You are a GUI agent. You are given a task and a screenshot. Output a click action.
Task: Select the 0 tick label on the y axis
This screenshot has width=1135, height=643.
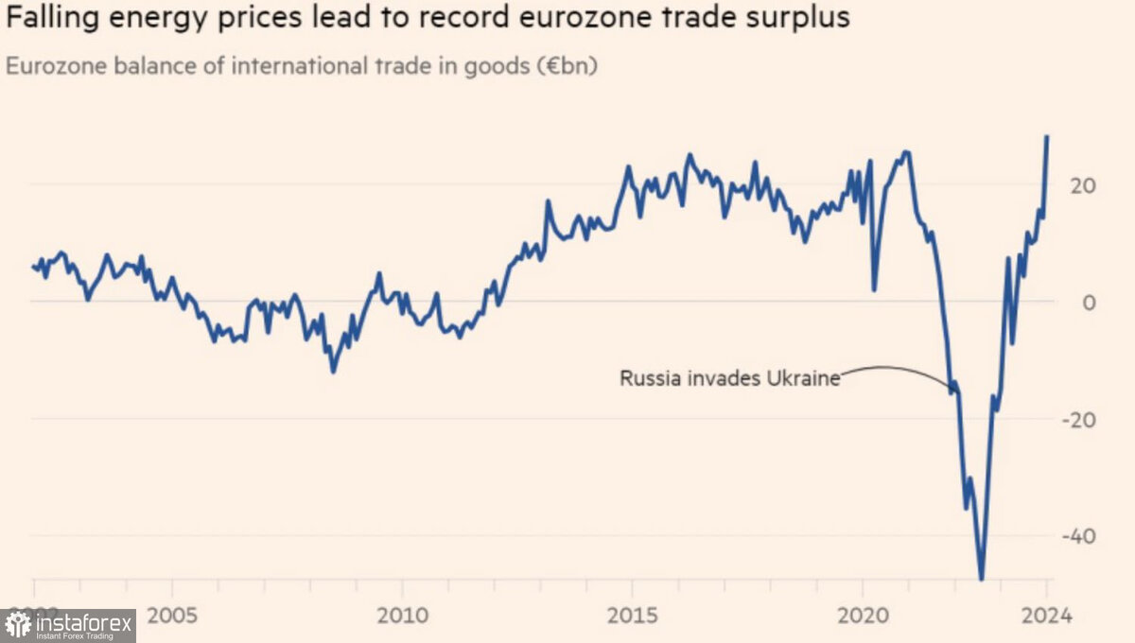tap(1089, 302)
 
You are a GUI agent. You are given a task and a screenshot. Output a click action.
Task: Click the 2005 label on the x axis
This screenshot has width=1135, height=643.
tap(172, 616)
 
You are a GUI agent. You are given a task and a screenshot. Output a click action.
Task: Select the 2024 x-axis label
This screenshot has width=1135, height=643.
tap(1047, 616)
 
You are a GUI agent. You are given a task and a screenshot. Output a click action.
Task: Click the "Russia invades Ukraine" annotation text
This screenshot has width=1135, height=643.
tap(729, 378)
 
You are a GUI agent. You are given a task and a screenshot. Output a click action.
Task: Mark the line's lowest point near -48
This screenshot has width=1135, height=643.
tap(982, 579)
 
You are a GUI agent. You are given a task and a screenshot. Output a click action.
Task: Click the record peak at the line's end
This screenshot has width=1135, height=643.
tap(1047, 136)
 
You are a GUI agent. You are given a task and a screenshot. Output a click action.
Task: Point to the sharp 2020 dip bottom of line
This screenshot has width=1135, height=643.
tap(874, 289)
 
